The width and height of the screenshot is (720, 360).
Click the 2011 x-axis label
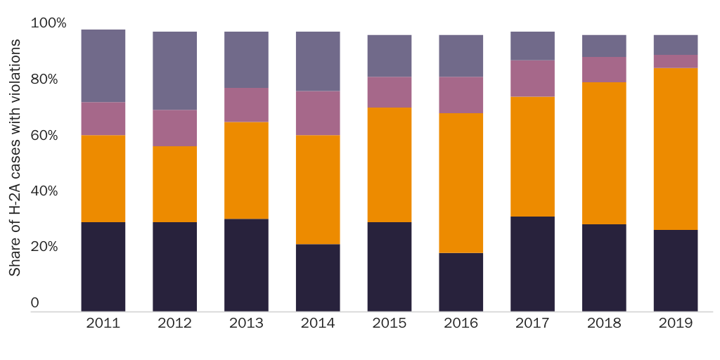103,323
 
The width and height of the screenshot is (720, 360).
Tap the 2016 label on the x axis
461,323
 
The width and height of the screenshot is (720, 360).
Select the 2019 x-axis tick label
676,323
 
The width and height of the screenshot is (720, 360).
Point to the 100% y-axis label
49,23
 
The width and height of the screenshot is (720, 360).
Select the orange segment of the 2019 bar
676,148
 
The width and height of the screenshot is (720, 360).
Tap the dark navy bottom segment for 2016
461,282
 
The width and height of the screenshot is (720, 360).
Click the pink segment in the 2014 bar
318,112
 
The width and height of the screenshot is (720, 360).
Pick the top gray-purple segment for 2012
174,70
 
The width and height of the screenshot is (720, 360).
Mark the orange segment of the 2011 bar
103,179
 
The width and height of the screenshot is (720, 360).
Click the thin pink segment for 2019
676,61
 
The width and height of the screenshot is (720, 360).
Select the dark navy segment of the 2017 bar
532,264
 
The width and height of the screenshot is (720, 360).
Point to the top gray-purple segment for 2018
604,46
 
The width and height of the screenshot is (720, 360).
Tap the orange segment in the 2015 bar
390,165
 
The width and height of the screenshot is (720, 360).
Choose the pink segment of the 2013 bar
246,105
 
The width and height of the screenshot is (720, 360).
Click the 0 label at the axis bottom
34,304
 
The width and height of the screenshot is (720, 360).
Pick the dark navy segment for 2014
318,278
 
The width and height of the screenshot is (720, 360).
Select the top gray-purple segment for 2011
103,66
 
